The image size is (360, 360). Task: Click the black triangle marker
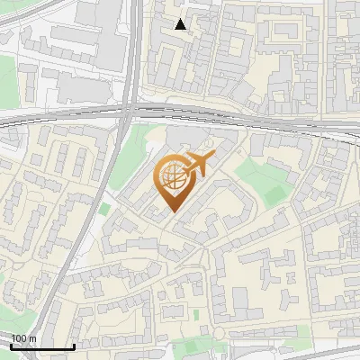tap(181, 24)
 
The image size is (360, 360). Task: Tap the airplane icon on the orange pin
tap(197, 165)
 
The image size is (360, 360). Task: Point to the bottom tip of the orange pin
tap(172, 211)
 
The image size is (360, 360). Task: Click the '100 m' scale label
tap(23, 338)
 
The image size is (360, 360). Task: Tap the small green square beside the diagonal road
tap(104, 210)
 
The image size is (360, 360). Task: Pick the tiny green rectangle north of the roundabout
tap(195, 314)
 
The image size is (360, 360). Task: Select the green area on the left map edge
tap(7, 81)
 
